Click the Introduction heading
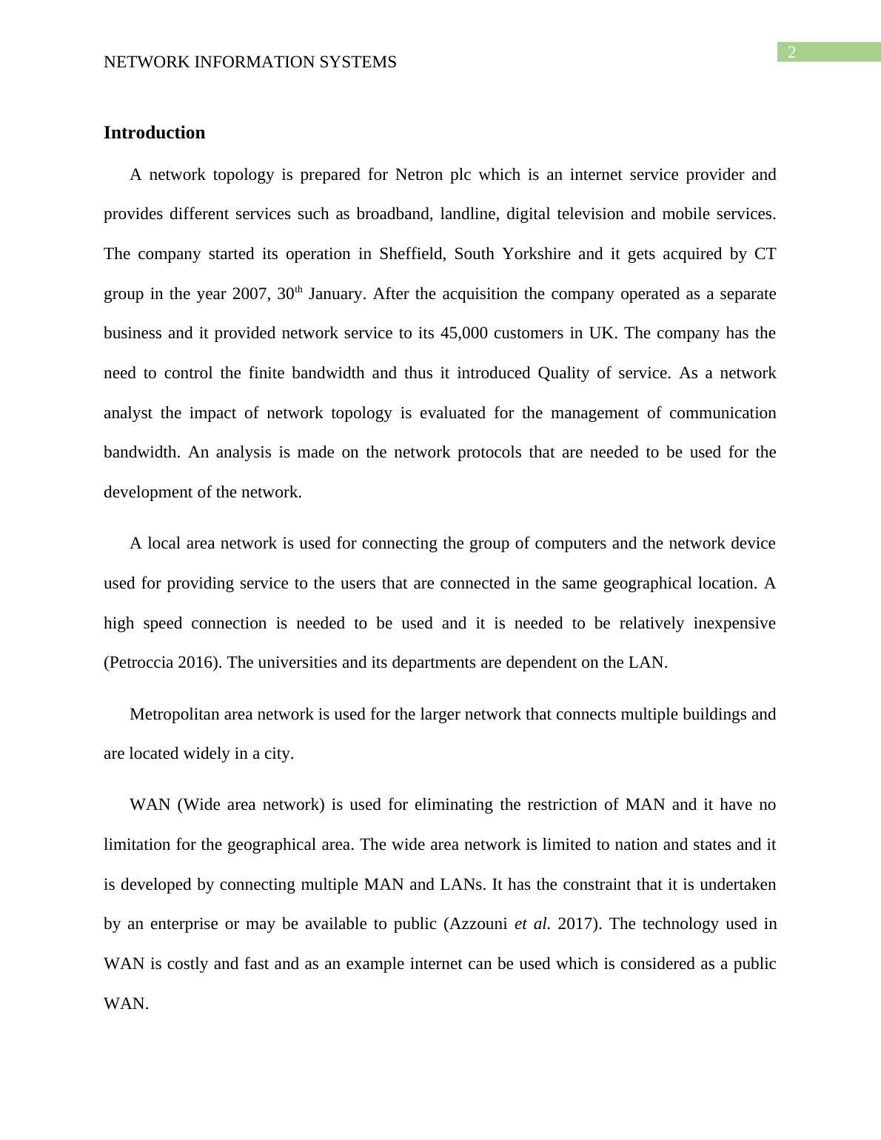[x=154, y=133]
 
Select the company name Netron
[x=419, y=175]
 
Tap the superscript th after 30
[x=299, y=290]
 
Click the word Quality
[x=563, y=373]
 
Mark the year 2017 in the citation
[x=575, y=924]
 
